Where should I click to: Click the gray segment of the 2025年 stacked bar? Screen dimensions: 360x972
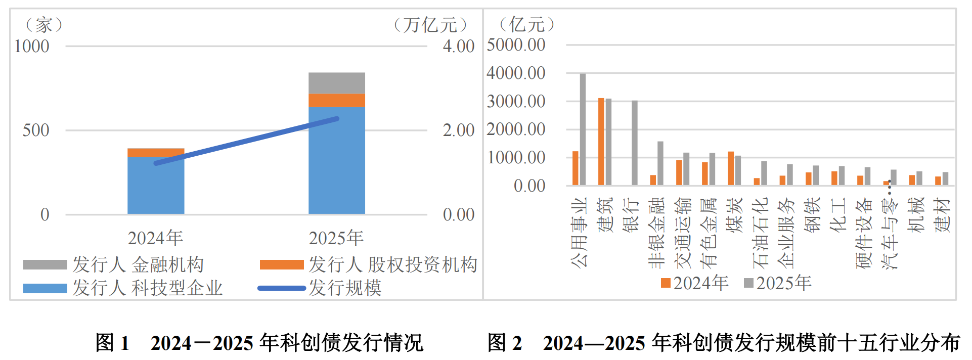tap(337, 83)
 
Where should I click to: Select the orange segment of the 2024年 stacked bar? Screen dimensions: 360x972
tap(156, 153)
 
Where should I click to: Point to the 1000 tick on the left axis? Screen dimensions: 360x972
tap(32, 47)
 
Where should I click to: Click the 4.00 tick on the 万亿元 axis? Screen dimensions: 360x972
tap(458, 47)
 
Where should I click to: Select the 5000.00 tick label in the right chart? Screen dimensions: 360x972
tap(516, 45)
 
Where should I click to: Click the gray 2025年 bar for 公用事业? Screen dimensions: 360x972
tap(583, 129)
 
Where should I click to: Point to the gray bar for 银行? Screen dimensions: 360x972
tap(635, 143)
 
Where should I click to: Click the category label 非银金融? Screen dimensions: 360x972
tap(656, 233)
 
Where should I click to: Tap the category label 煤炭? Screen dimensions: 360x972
tap(734, 215)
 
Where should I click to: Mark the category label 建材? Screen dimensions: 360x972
tap(942, 215)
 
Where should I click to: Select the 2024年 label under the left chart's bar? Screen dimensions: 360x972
tap(155, 238)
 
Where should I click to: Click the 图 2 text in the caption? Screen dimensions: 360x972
tap(504, 343)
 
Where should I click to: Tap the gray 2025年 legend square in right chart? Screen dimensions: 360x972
tap(748, 283)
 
